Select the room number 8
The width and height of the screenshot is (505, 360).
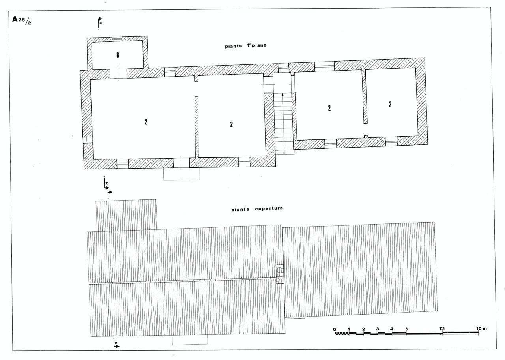[118, 55]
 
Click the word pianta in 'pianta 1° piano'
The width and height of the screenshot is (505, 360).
[233, 46]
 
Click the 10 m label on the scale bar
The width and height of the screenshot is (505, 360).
[481, 328]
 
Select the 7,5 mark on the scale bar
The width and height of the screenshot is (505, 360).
[441, 329]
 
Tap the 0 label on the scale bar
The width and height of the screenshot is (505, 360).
[334, 330]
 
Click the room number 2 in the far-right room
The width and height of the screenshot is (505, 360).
[390, 104]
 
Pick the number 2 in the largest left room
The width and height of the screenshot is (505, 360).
[146, 122]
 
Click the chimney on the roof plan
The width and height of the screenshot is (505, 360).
[280, 274]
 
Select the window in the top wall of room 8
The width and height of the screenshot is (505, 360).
[117, 39]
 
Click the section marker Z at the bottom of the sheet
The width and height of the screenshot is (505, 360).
[116, 344]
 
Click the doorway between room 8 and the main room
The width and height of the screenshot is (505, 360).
[118, 74]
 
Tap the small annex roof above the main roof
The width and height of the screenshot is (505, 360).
[126, 215]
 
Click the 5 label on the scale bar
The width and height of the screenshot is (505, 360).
[406, 329]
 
